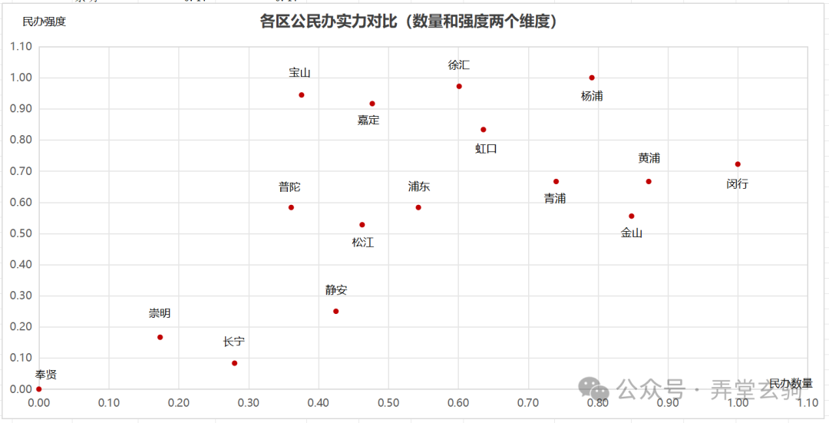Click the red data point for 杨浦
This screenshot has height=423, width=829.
coord(592,78)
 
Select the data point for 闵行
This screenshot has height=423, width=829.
coord(738,164)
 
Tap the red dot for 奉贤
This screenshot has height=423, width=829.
coord(39,389)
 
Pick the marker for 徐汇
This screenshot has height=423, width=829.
coord(459,87)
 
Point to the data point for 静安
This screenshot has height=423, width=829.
coord(335,311)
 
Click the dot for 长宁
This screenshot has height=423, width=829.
coord(234,363)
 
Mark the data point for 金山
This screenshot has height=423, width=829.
coord(632,216)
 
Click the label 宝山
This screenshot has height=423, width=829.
coord(299,73)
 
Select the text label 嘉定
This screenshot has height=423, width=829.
coord(368,120)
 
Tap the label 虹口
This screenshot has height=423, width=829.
coord(486,148)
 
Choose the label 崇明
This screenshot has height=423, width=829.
coord(160,313)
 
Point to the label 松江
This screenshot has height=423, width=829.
coord(363,243)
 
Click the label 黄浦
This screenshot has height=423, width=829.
coord(649,158)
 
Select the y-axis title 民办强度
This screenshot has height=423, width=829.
coord(45,21)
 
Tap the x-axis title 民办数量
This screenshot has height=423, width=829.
coord(791,383)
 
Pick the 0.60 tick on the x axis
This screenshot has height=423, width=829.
coord(458,402)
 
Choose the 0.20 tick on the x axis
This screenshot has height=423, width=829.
coord(179,402)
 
